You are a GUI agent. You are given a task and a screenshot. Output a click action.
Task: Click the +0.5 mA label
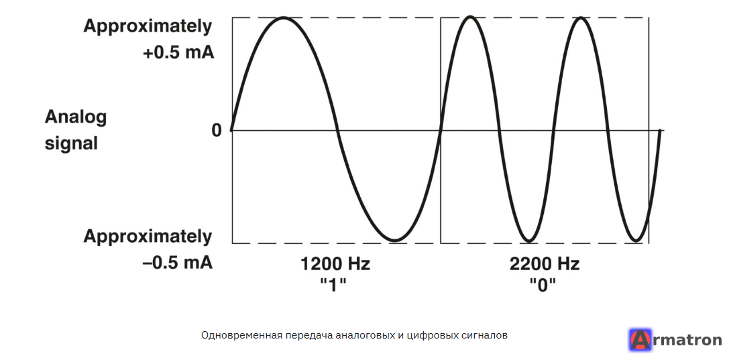click(x=178, y=53)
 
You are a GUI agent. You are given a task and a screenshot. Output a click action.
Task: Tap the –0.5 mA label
click(x=177, y=263)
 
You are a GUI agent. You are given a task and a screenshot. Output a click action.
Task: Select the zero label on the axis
click(x=217, y=131)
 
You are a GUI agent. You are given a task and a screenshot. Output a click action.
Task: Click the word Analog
click(x=75, y=118)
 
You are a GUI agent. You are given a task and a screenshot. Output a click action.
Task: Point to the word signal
click(x=71, y=144)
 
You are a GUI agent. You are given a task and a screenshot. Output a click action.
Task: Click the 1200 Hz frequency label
click(x=335, y=265)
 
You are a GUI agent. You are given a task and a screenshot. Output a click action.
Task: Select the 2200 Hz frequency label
click(x=545, y=265)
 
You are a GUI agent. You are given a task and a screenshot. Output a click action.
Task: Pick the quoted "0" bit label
click(x=543, y=284)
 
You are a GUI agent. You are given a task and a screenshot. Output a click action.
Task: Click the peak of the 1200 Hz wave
click(x=284, y=18)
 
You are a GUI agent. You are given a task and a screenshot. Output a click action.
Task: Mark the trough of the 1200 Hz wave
click(x=394, y=240)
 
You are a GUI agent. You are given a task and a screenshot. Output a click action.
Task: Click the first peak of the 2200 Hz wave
click(x=471, y=17)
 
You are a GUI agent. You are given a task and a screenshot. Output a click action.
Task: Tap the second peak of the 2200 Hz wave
click(x=580, y=17)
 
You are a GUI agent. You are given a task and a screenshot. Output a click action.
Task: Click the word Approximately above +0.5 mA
click(x=148, y=27)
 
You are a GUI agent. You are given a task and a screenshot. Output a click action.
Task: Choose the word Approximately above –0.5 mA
click(x=148, y=237)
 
